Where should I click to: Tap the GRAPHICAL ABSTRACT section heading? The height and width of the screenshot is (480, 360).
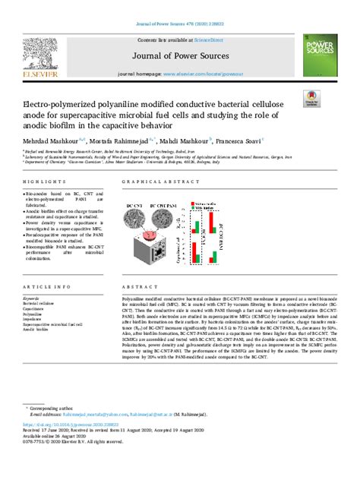coord(153,182)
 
